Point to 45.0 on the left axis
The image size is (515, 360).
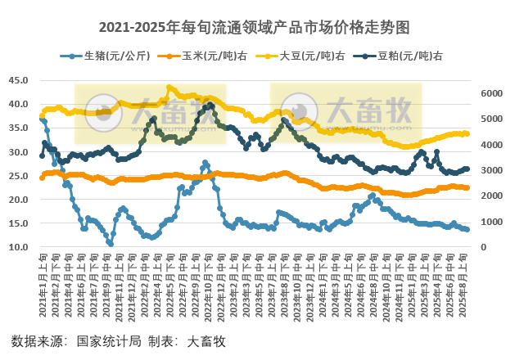click(x=19, y=80)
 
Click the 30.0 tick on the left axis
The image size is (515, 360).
click(x=19, y=152)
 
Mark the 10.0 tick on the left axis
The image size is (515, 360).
click(x=19, y=247)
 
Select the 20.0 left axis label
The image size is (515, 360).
click(x=19, y=200)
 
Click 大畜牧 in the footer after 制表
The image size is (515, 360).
click(x=206, y=341)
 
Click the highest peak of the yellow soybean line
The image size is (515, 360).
click(x=169, y=87)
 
